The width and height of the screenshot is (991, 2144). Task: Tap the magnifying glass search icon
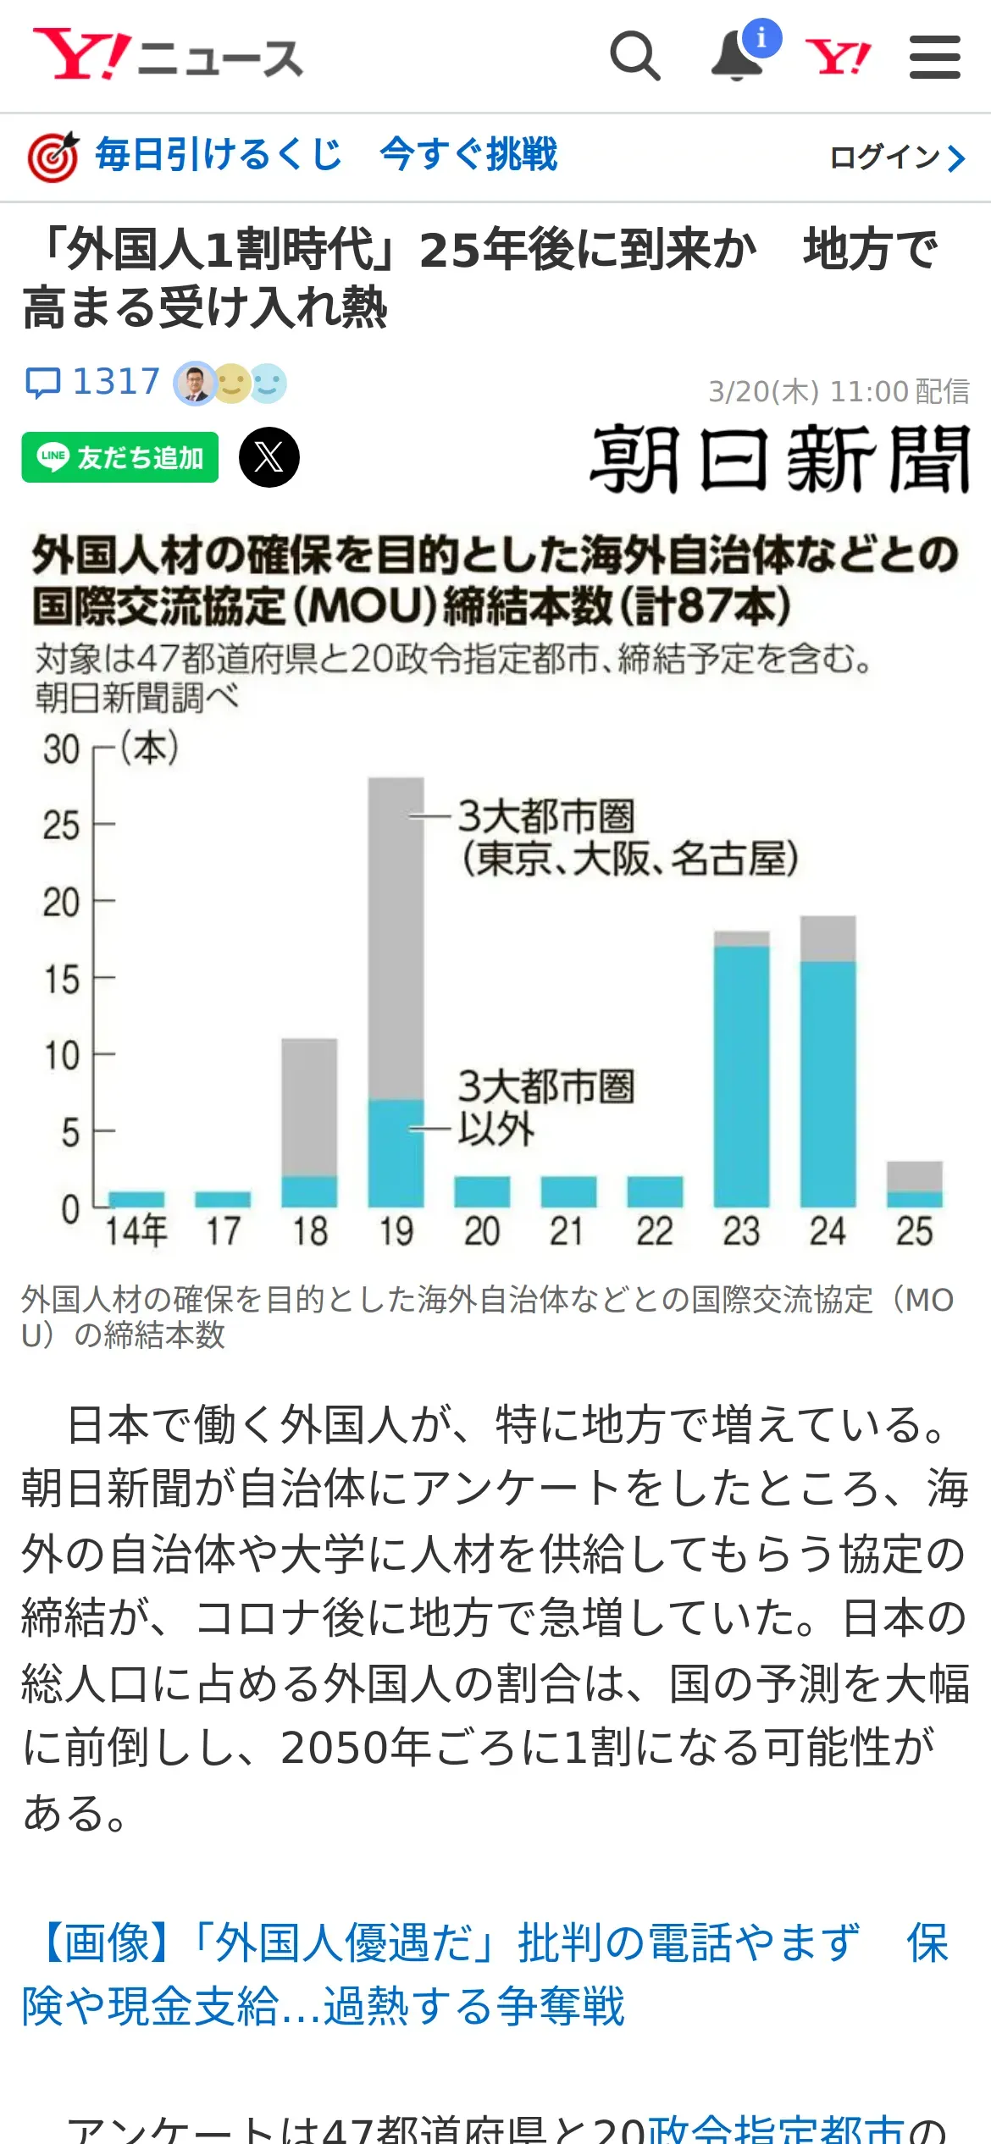pos(634,56)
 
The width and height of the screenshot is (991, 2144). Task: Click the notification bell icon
pos(736,57)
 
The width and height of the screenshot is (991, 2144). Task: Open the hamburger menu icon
pos(934,57)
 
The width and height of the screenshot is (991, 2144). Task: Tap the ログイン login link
pos(896,157)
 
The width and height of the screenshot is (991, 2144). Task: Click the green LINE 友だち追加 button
pos(120,457)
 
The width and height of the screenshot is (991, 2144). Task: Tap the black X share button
pos(269,457)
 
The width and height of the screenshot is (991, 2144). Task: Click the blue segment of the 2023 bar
pos(741,1075)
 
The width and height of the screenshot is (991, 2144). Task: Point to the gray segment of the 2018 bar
pos(309,1106)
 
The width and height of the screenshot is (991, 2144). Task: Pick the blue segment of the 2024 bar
pos(828,1084)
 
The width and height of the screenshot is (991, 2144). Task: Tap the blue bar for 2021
pos(568,1191)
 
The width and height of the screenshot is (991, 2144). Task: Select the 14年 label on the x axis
pos(136,1230)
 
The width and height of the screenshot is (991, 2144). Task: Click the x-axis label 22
pos(655,1231)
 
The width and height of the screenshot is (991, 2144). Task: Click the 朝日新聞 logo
pos(779,459)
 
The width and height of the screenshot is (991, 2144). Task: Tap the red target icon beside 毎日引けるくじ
pos(53,157)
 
